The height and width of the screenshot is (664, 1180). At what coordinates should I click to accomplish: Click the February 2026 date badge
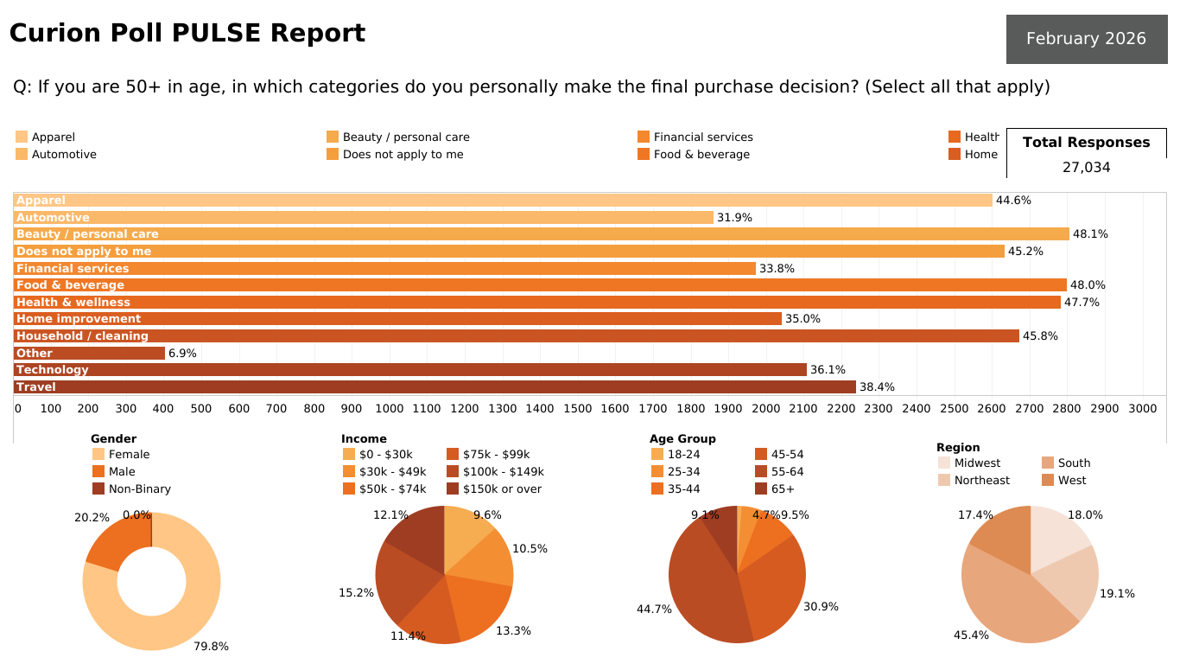coord(1086,39)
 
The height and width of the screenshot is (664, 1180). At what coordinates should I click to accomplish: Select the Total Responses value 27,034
coord(1086,167)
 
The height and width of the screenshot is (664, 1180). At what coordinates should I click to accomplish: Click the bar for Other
coord(89,353)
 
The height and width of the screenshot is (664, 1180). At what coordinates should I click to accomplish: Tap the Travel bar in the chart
coord(435,386)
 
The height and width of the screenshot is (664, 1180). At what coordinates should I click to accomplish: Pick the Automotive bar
coord(363,217)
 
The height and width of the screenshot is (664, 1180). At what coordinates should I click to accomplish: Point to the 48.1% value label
coord(1090,234)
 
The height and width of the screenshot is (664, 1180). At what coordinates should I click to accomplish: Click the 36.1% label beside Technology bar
coord(828,370)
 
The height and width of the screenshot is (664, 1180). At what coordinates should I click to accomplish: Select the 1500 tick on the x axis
coord(577,408)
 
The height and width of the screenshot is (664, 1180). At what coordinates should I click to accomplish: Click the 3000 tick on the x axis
coord(1142,408)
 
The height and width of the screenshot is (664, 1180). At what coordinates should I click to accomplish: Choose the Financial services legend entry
coord(702,137)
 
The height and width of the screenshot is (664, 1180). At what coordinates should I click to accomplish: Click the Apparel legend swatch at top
coord(22,137)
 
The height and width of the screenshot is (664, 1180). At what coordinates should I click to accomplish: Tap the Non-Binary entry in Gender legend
coord(139,488)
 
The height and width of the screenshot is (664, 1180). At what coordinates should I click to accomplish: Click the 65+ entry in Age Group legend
coord(783,488)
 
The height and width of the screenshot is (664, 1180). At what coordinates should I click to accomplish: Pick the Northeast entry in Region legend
coord(981,480)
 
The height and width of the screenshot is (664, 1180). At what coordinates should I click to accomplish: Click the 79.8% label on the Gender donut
coord(211,646)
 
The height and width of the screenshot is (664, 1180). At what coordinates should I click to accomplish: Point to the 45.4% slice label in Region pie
coord(971,635)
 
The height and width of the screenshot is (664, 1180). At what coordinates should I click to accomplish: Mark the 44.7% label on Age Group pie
coord(654,610)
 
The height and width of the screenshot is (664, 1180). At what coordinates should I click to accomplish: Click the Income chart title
coord(364,438)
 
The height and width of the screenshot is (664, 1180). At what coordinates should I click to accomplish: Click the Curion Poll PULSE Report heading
coord(187,34)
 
